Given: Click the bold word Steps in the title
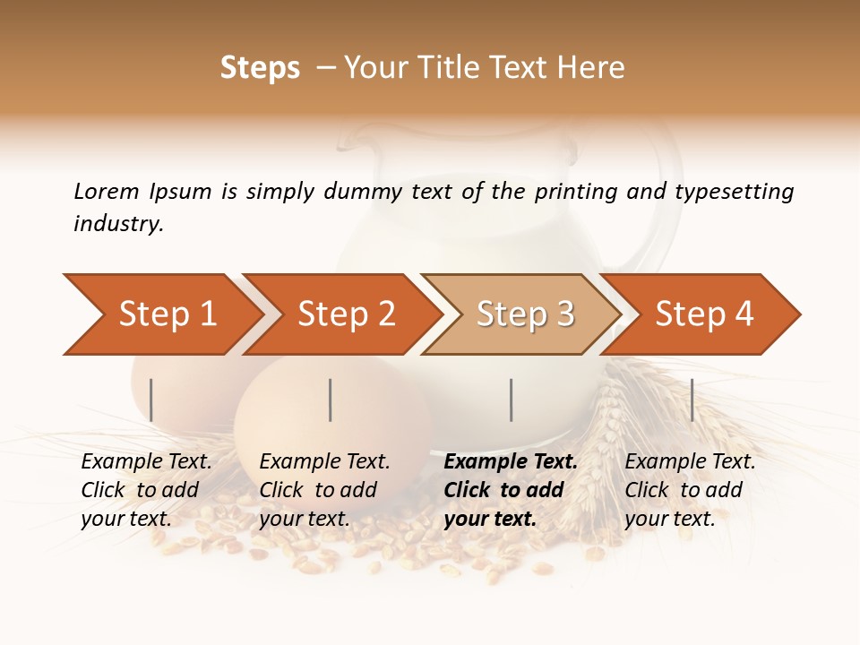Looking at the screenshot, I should (x=260, y=68).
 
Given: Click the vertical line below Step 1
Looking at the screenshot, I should (x=151, y=400).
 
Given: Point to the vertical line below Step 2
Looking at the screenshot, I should (x=331, y=400).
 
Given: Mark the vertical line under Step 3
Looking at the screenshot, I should (x=511, y=400).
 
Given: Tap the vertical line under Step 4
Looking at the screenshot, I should (x=692, y=400).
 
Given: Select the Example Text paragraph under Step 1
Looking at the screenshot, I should (x=146, y=490).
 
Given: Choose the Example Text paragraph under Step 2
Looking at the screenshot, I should (x=324, y=490).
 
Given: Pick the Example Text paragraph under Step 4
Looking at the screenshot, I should (x=690, y=490).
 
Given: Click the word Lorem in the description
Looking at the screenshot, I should (x=106, y=192).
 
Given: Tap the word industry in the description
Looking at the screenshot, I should (x=117, y=224).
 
